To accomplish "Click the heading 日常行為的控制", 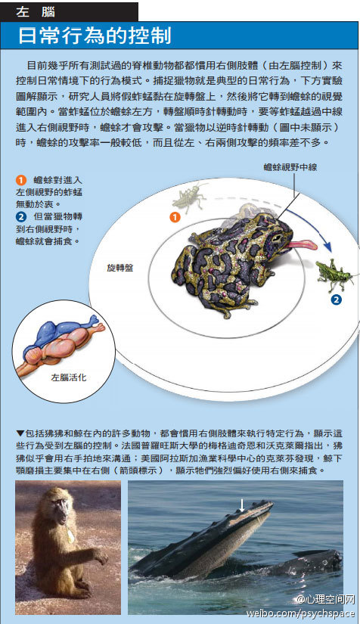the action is pyautogui.click(x=95, y=36).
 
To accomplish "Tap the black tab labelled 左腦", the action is pyautogui.click(x=70, y=11).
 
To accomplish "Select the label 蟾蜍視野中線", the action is pyautogui.click(x=290, y=167).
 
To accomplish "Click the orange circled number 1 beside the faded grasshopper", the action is pyautogui.click(x=175, y=217).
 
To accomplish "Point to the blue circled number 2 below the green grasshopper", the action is pyautogui.click(x=336, y=300).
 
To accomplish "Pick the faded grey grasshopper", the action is pyautogui.click(x=189, y=196).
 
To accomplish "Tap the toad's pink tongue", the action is pyautogui.click(x=301, y=244).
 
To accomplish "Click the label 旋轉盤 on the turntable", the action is pyautogui.click(x=119, y=268).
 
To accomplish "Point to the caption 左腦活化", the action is pyautogui.click(x=69, y=377).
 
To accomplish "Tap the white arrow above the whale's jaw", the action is pyautogui.click(x=241, y=504).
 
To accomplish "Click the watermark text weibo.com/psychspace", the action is pyautogui.click(x=300, y=613).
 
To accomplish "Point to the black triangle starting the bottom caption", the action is pyautogui.click(x=20, y=433).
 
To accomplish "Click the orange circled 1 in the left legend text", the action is pyautogui.click(x=20, y=180).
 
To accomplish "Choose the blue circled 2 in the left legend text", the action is pyautogui.click(x=20, y=217).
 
